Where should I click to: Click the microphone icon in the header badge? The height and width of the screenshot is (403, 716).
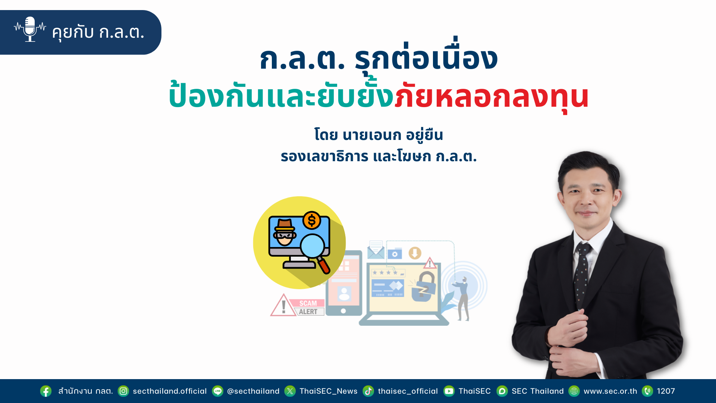point(30,29)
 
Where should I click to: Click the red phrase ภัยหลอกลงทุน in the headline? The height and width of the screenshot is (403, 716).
point(492,97)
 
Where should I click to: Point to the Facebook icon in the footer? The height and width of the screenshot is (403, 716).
point(46,391)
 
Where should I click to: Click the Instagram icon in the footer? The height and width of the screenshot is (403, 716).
point(123,391)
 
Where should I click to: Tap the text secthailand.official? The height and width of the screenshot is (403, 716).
point(170,391)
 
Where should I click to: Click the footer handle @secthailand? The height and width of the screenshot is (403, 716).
point(253,391)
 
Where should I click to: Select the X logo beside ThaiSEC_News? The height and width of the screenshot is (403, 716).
point(290,391)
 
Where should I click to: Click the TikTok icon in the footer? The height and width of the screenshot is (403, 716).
point(368,391)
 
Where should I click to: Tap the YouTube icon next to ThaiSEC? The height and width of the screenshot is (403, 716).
point(449,391)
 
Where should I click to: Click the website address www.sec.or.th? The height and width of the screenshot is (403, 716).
point(610,391)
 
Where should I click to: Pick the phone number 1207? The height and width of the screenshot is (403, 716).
point(666,391)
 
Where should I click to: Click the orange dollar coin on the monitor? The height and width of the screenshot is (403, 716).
point(312,220)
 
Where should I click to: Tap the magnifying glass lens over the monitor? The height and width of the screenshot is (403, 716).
point(313,246)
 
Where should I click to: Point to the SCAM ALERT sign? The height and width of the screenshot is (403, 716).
point(297,306)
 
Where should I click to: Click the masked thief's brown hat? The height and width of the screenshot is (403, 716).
point(285,225)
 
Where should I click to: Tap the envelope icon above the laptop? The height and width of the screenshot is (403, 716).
point(376,250)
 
